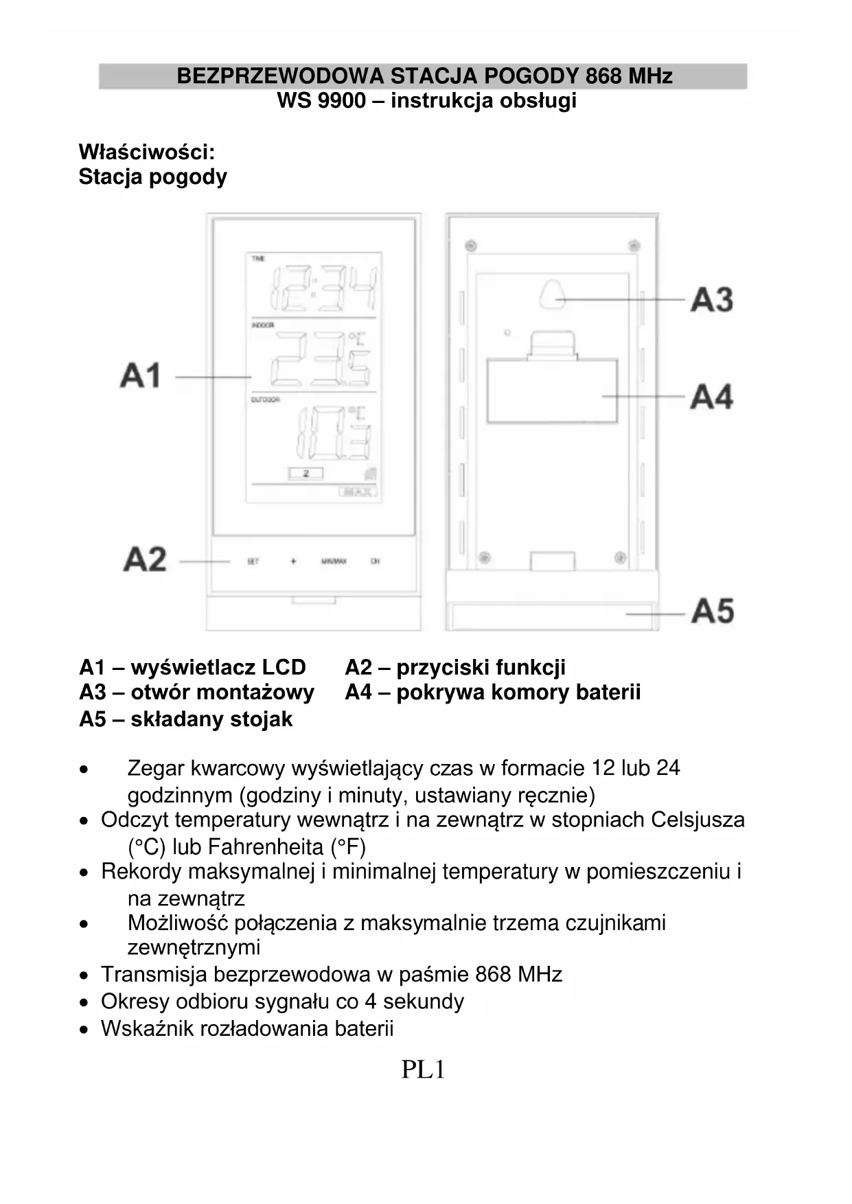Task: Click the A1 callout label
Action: click(141, 375)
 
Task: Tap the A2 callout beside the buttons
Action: click(145, 559)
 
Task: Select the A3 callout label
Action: click(712, 300)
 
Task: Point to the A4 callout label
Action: click(712, 397)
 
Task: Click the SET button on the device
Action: click(253, 562)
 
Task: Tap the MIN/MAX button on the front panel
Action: click(334, 562)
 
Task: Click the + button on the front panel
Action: click(293, 562)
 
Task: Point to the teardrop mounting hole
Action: click(551, 294)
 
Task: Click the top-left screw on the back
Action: click(471, 245)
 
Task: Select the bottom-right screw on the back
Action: click(619, 557)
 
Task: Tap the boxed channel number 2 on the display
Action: click(306, 474)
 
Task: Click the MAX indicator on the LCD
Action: click(358, 491)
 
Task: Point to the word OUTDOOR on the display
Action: click(266, 400)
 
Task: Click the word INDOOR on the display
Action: click(263, 325)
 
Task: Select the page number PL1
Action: click(423, 1069)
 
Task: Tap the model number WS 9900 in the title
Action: click(321, 101)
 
